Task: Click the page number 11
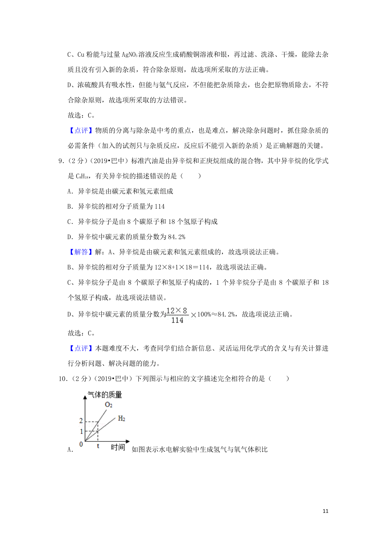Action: [325, 511]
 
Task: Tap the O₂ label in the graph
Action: [109, 405]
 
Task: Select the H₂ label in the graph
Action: [122, 418]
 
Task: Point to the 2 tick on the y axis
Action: [81, 421]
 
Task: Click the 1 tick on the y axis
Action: [81, 431]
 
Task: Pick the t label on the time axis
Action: [98, 446]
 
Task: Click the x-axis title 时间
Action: [118, 447]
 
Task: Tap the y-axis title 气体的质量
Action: [105, 395]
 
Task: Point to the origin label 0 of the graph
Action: [81, 444]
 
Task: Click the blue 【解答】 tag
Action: [81, 252]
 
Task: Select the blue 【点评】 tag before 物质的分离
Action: [81, 130]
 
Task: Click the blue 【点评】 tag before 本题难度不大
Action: [81, 348]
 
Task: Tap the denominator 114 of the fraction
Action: [177, 320]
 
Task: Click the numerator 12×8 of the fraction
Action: [177, 311]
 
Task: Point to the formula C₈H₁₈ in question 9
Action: [82, 176]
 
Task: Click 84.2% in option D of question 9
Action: [177, 237]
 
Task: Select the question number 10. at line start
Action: [63, 379]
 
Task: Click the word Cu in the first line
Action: [81, 55]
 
